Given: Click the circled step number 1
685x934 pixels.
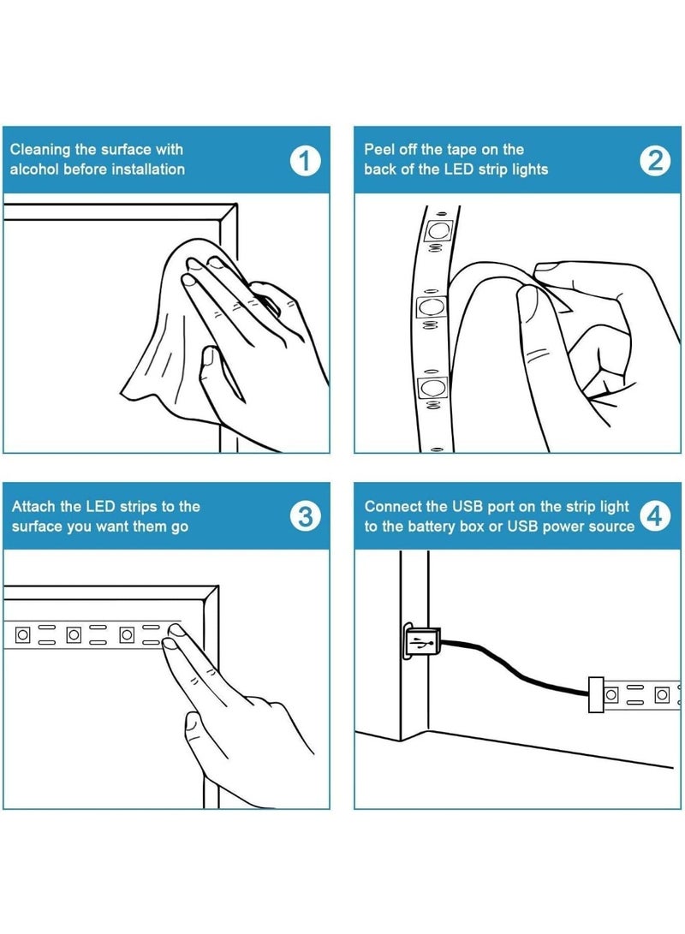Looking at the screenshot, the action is pos(305,160).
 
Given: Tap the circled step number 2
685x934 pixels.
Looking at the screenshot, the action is pos(655,160).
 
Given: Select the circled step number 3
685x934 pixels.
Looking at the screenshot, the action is pos(305,516).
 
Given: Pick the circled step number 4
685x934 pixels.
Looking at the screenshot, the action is pos(655,516).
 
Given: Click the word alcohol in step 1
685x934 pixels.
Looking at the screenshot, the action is pos(34,170).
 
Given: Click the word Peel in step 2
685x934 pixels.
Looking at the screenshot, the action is pos(378,149).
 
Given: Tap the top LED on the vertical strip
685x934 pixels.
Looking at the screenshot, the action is pos(438,229).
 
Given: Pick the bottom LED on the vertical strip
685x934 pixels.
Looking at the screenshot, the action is pos(433,388).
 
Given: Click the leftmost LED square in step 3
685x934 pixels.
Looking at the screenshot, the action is pos(22,635).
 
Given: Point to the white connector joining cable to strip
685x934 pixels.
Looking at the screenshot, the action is pos(596,694).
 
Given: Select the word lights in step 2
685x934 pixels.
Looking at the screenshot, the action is pos(529,170).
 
